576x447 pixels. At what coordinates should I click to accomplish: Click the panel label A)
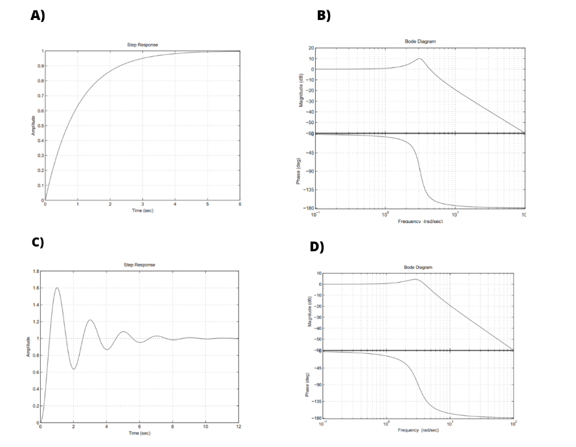click(38, 16)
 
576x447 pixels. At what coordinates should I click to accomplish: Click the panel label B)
click(324, 16)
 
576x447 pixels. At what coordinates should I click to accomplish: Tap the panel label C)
click(38, 243)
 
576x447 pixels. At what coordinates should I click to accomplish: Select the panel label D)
click(316, 247)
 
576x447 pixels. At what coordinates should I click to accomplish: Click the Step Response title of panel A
click(142, 45)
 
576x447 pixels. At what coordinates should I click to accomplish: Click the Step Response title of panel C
click(139, 265)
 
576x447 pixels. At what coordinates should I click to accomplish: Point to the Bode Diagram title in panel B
click(420, 41)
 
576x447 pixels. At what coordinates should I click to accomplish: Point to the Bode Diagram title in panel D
click(418, 267)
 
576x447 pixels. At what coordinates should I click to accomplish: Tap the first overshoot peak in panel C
click(57, 288)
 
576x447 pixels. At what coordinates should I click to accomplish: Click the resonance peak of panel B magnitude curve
click(419, 59)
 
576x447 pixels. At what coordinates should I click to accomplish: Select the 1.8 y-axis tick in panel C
click(35, 272)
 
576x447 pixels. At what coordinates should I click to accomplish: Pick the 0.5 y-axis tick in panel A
click(39, 125)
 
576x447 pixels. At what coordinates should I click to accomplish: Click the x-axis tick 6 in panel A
click(239, 205)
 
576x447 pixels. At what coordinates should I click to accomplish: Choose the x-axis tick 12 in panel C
click(238, 427)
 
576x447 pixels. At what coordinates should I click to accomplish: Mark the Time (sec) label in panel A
click(142, 211)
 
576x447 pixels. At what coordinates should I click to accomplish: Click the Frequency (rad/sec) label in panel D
click(417, 430)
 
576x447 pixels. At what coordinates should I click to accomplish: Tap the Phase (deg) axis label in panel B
click(299, 171)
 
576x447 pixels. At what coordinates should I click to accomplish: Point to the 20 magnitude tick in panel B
click(311, 49)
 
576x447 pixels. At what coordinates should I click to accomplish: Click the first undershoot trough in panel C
click(74, 369)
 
